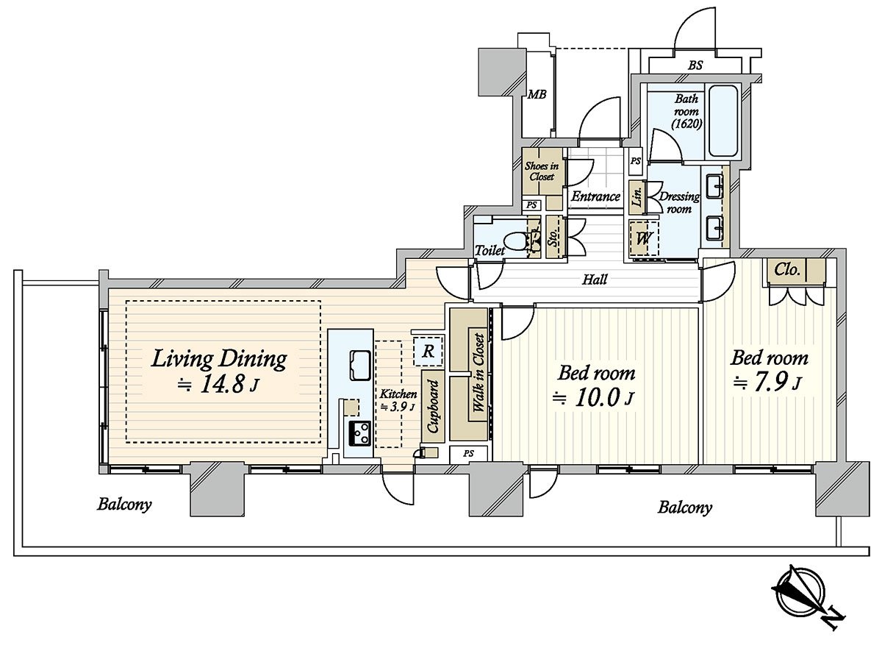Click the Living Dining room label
pyautogui.click(x=219, y=360)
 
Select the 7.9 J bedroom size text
pyautogui.click(x=768, y=383)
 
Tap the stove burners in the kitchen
pyautogui.click(x=359, y=433)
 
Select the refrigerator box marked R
pyautogui.click(x=429, y=352)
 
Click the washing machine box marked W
pyautogui.click(x=644, y=238)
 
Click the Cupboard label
pyautogui.click(x=433, y=406)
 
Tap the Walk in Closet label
pyautogui.click(x=478, y=373)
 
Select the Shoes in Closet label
pyautogui.click(x=542, y=171)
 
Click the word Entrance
pyautogui.click(x=595, y=196)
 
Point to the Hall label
pyautogui.click(x=595, y=280)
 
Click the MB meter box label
pyautogui.click(x=537, y=94)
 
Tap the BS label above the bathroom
pyautogui.click(x=695, y=65)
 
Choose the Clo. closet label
pyautogui.click(x=786, y=270)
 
